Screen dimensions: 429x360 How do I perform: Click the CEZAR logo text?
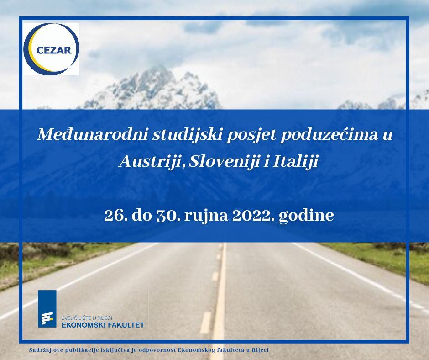click(x=54, y=50)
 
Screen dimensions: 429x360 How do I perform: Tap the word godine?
click(x=306, y=216)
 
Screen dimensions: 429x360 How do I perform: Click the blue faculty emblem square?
click(x=47, y=309)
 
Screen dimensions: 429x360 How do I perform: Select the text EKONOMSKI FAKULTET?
click(x=103, y=325)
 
